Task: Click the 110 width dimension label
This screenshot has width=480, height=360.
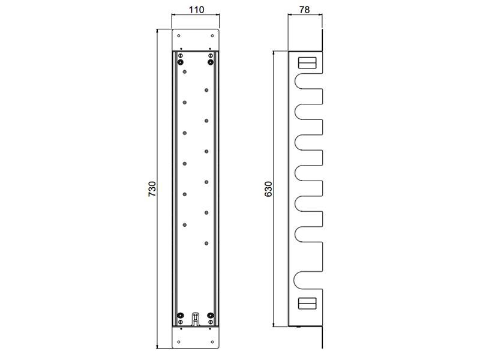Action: pyautogui.click(x=196, y=10)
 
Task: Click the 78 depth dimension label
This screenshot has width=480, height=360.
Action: pyautogui.click(x=304, y=10)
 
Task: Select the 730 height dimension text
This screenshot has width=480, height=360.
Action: pyautogui.click(x=152, y=189)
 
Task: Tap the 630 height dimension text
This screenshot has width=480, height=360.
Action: pyautogui.click(x=268, y=189)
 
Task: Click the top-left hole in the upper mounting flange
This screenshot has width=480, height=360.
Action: pyautogui.click(x=179, y=36)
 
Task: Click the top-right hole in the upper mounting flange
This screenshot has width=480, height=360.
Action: pyautogui.click(x=212, y=36)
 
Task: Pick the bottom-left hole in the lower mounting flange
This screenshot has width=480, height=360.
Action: pyautogui.click(x=179, y=342)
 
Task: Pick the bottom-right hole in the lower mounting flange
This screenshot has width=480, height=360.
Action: pyautogui.click(x=212, y=342)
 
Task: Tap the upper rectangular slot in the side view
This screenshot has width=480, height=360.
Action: pyautogui.click(x=307, y=63)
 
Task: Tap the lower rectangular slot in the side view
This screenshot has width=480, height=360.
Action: pyautogui.click(x=307, y=304)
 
